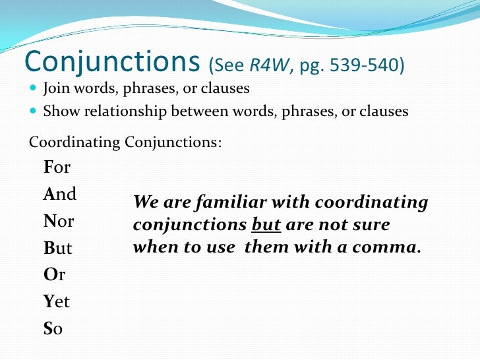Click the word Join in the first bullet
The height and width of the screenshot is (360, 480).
click(57, 88)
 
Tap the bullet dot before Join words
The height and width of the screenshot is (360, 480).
click(34, 89)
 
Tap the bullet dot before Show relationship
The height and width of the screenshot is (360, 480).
click(34, 111)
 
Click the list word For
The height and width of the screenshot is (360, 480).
click(57, 167)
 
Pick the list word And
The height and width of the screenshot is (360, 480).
click(60, 194)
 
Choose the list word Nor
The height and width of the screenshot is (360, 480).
click(59, 221)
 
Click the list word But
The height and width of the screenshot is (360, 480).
click(58, 249)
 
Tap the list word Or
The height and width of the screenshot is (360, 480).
click(55, 275)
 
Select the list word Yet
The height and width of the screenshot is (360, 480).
click(57, 302)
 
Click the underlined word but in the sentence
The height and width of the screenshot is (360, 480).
click(266, 225)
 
